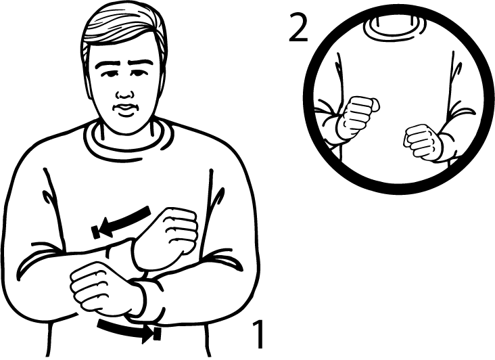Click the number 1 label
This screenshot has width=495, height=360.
tap(258, 334)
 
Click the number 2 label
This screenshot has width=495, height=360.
tap(298, 28)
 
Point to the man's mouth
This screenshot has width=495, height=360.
tap(126, 109)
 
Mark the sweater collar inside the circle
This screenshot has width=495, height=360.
tap(396, 29)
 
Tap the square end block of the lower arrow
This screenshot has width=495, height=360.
tap(157, 334)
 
